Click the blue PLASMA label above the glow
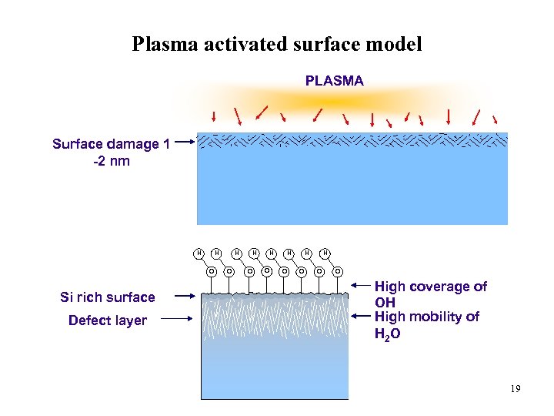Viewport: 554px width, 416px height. point(335,80)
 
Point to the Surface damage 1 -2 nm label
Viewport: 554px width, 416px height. point(111,152)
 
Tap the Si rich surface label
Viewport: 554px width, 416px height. point(108,297)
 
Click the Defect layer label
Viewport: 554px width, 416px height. point(108,320)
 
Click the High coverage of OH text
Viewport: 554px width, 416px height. point(429,294)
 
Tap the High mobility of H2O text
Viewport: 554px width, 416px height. point(426,325)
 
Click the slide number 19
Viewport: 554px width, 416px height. point(515,389)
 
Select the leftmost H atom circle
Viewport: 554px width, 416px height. point(199,252)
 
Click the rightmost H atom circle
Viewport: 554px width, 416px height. point(325,252)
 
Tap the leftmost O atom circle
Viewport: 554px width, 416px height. point(211,270)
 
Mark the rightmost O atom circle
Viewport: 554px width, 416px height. point(337,270)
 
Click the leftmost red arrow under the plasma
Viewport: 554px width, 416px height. point(214,116)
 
